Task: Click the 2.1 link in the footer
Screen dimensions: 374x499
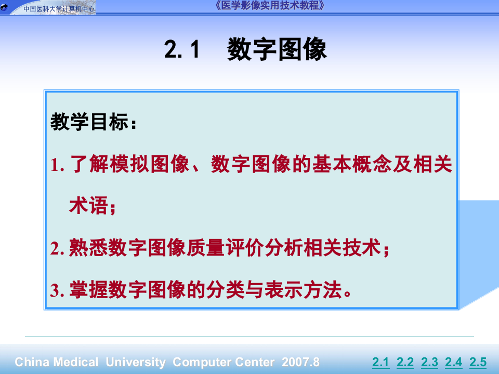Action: (380, 362)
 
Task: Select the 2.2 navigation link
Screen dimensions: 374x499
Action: (405, 362)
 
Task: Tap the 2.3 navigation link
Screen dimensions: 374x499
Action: (429, 362)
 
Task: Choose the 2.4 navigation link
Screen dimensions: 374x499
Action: (454, 362)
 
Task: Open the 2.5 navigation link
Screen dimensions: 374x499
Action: (478, 362)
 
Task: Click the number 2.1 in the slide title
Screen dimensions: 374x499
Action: (182, 50)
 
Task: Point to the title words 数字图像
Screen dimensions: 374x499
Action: (277, 50)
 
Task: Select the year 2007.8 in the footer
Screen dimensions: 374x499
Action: (300, 362)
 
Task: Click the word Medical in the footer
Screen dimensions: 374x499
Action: (75, 362)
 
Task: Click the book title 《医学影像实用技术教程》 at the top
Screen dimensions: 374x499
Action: (271, 6)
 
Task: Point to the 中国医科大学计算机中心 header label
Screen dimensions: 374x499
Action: (58, 8)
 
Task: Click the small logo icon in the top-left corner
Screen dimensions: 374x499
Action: (5, 7)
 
